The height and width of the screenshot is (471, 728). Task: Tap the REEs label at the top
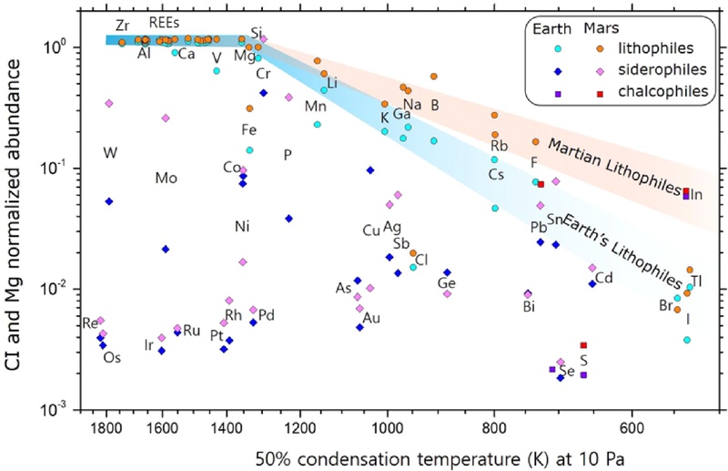click(164, 24)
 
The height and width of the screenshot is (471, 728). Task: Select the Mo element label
click(166, 178)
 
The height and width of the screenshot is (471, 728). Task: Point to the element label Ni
click(241, 226)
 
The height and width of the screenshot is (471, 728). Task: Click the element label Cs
click(496, 175)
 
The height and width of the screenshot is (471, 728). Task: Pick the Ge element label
click(446, 283)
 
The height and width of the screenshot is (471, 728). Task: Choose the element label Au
click(371, 318)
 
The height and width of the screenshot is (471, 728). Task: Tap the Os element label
click(111, 357)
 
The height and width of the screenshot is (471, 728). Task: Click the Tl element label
click(696, 282)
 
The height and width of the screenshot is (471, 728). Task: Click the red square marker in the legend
click(598, 91)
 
